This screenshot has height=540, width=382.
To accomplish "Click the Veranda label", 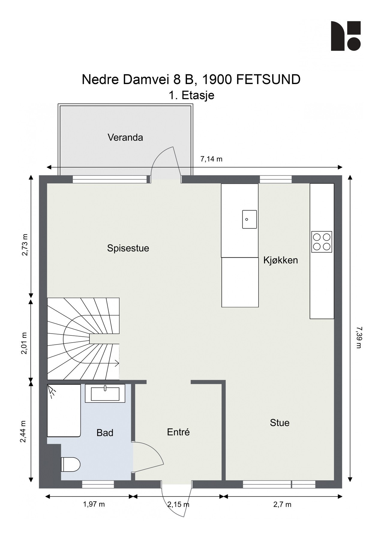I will [x=125, y=138].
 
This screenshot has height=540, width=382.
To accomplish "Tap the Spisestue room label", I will [x=128, y=248].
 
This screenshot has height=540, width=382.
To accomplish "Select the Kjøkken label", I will [x=281, y=260].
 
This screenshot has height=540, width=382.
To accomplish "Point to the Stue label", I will [x=280, y=423].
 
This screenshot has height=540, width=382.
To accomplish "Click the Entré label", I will [x=178, y=432].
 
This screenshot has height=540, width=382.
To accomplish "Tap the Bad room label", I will [x=105, y=433].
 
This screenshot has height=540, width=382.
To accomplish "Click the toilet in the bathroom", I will [x=71, y=464].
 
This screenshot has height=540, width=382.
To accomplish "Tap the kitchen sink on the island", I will [x=249, y=219].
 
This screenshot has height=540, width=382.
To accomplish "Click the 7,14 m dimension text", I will [x=211, y=159].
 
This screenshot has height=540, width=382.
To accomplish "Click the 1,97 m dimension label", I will [x=94, y=504].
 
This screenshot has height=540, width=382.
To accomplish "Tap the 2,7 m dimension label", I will [x=282, y=505].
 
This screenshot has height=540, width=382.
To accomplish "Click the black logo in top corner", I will [x=345, y=36].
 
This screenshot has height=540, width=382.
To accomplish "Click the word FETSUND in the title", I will [x=268, y=80].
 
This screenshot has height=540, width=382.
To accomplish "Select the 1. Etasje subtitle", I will [x=191, y=95].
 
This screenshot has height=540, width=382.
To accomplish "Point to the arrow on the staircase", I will [x=116, y=363].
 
